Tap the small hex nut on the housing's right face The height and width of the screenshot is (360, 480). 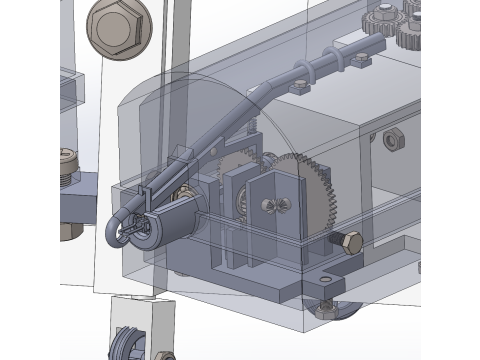pos(393,137)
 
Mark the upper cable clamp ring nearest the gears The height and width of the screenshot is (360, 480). pos(358,60)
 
